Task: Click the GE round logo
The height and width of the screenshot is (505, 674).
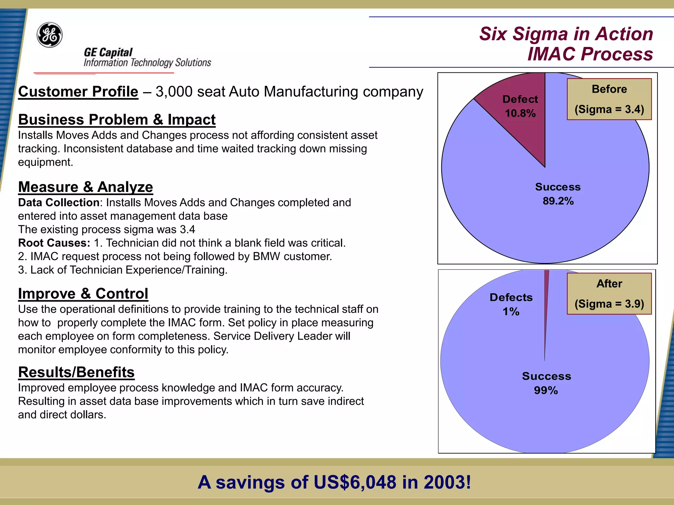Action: click(x=50, y=35)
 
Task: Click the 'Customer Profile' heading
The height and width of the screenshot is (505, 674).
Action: click(x=78, y=92)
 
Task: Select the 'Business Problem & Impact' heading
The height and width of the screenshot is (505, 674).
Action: click(x=117, y=120)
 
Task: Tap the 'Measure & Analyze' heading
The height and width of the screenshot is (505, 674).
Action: click(x=86, y=187)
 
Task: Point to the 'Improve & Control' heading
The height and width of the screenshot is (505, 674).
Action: click(x=83, y=294)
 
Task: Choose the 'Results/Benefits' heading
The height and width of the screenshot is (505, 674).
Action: click(x=76, y=372)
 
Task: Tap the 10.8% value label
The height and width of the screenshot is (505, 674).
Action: click(x=520, y=113)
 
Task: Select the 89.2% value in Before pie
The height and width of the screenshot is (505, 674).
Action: click(x=558, y=201)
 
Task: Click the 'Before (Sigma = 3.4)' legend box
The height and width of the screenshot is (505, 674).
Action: click(x=609, y=99)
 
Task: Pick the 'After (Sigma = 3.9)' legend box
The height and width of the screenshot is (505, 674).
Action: click(x=609, y=294)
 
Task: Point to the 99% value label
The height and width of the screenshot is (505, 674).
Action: click(x=546, y=390)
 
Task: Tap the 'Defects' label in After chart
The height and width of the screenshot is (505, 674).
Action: click(x=511, y=297)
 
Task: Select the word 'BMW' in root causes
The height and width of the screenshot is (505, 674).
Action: click(x=266, y=256)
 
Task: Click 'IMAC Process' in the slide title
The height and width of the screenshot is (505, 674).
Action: click(x=590, y=54)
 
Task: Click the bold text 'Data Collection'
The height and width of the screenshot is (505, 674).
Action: click(x=59, y=203)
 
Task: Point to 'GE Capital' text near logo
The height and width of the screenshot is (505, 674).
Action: click(x=108, y=52)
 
